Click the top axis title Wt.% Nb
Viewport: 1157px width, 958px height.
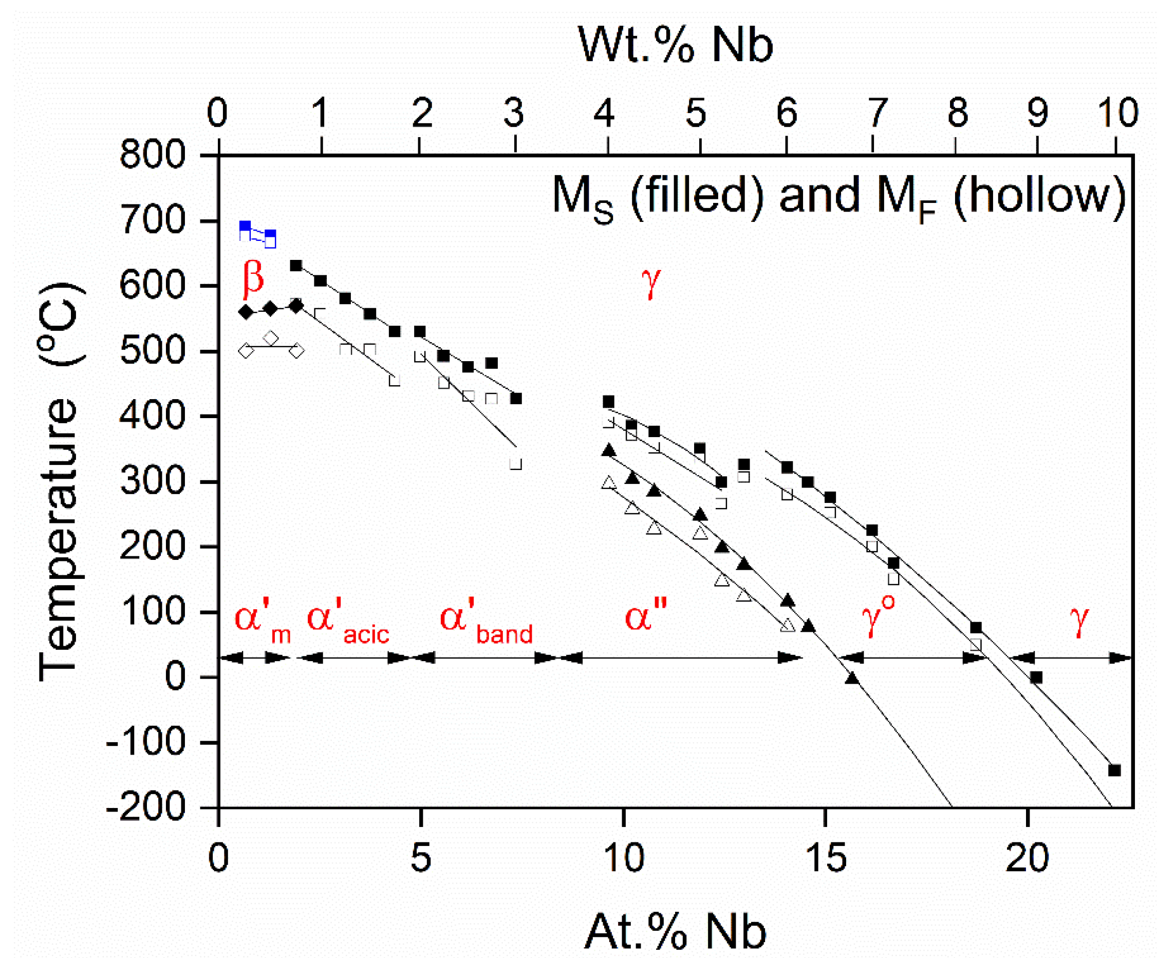[676, 45]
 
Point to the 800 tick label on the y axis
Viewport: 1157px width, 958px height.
[153, 155]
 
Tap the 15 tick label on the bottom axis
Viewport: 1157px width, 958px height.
[825, 858]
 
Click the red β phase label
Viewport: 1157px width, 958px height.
[253, 276]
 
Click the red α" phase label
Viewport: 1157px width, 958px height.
[646, 617]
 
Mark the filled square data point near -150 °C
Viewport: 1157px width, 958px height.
[1114, 770]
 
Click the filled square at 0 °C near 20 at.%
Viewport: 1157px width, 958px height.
[1036, 678]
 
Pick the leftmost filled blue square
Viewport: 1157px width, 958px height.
[245, 227]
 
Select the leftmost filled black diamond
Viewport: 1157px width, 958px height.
[246, 312]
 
